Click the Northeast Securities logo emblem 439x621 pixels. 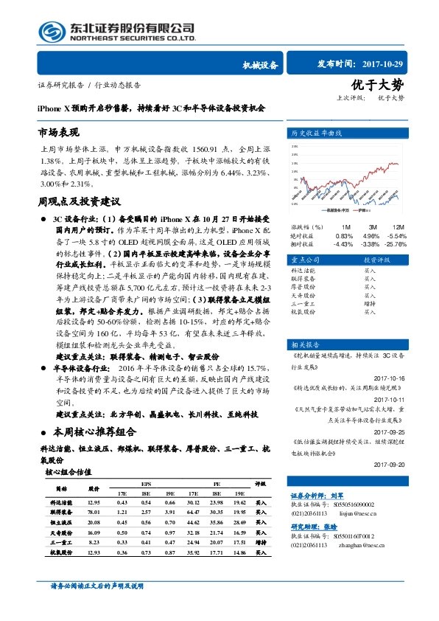click(52, 31)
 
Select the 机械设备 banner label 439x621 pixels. click(260, 65)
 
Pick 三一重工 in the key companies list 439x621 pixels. click(303, 303)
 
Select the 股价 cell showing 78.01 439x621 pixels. click(94, 511)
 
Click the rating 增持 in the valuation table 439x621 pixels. click(261, 541)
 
